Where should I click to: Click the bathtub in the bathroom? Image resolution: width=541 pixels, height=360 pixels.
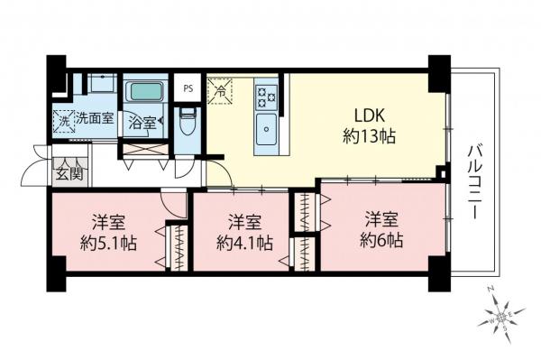click(142, 93)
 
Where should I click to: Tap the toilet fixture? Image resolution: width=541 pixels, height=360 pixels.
click(188, 121)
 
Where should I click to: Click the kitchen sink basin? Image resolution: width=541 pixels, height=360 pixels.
click(267, 126)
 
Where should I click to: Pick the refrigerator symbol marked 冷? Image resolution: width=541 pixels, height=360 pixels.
click(219, 90)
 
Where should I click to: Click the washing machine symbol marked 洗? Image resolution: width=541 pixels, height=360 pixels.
click(64, 117)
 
